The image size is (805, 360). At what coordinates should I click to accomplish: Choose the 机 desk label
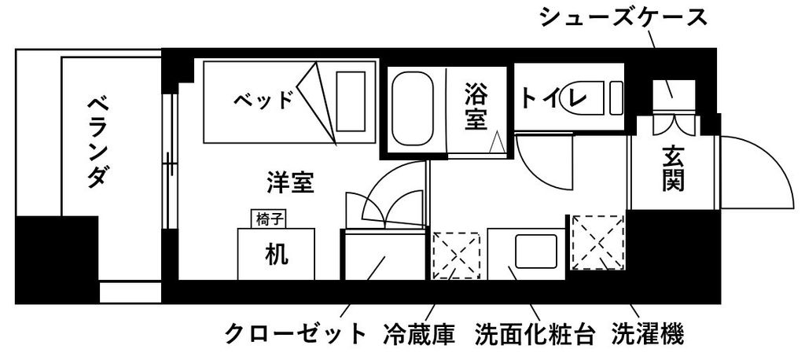click(x=275, y=254)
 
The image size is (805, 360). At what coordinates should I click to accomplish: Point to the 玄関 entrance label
click(x=672, y=169)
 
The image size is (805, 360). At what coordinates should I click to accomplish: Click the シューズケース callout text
click(x=620, y=17)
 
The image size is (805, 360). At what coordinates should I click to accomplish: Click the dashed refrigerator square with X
click(x=457, y=255)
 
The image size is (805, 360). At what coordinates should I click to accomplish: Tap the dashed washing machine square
click(x=597, y=241)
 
